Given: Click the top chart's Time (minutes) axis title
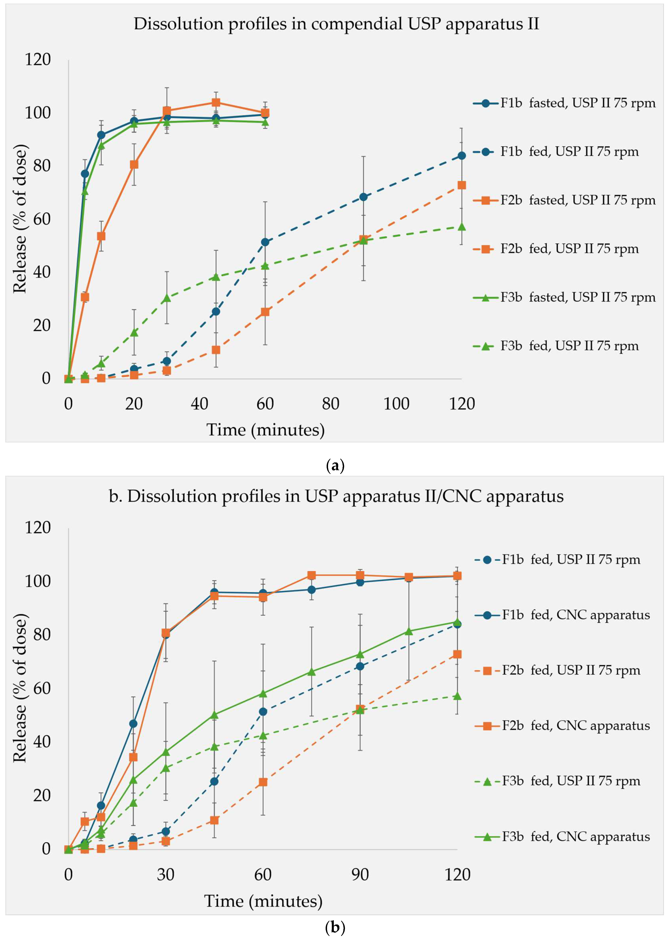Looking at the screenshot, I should click(x=265, y=430).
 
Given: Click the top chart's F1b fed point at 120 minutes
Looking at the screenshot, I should click(x=462, y=155).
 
